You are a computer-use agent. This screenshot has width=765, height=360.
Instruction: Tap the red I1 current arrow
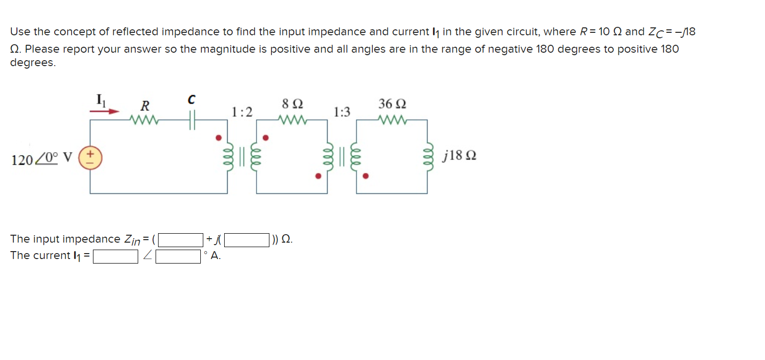(x=105, y=112)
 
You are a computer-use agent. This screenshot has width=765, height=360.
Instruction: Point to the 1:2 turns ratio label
(x=242, y=112)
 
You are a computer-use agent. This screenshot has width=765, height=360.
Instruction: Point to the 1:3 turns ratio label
(x=341, y=112)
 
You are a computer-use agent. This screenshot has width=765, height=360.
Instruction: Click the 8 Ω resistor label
(x=292, y=104)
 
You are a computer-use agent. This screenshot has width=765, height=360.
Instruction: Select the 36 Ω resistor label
(x=392, y=104)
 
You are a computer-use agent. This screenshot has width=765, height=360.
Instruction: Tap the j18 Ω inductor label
(x=459, y=157)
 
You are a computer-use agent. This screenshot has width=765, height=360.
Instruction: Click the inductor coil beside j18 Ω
(x=427, y=157)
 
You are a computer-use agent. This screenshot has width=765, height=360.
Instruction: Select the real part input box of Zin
(x=180, y=240)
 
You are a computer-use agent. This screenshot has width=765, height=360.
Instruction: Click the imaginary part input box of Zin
(x=247, y=240)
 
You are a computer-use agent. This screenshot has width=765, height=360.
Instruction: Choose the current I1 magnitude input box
(x=115, y=256)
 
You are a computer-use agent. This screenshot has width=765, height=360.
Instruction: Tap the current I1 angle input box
(x=178, y=256)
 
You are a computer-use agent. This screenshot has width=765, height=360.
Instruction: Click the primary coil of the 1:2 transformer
(x=227, y=157)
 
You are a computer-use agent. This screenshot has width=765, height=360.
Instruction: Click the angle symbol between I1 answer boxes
(x=147, y=256)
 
